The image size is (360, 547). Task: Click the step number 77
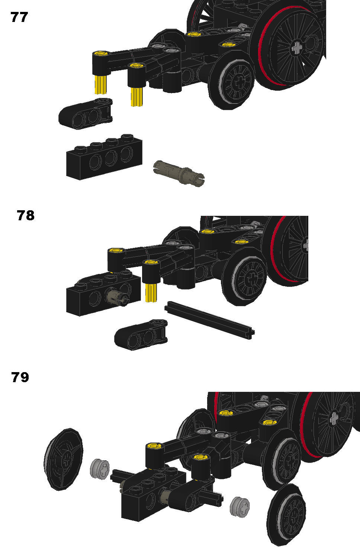pos(19,17)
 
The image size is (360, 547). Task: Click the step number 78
pos(26,215)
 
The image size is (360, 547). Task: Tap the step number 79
pos(20,377)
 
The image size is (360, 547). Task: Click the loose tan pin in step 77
pos(179,173)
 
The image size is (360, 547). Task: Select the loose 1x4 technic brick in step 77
pos(104,157)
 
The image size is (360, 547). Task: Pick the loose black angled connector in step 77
pos(86,113)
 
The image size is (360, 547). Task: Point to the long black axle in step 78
pos(210,320)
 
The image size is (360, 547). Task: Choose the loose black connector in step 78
pos(141,335)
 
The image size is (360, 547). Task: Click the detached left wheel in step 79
pos(63,459)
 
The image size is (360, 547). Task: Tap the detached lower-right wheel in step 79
pos(286,511)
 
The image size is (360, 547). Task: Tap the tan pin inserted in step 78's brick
pos(118,296)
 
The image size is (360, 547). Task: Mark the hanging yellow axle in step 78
pos(151,292)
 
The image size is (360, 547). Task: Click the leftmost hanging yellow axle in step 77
pos(100,84)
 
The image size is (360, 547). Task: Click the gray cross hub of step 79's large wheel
pos(334,419)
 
